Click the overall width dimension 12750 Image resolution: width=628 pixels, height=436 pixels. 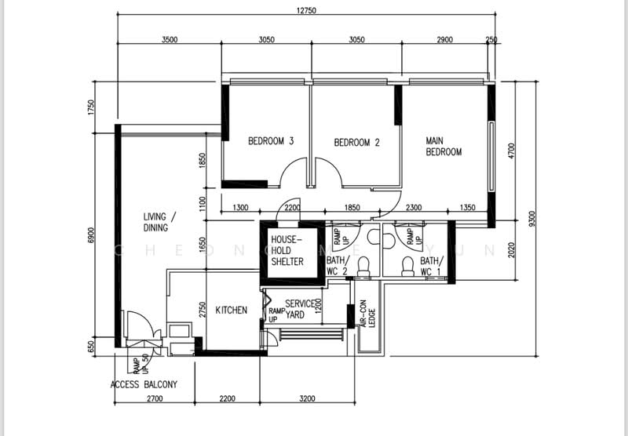click(306, 10)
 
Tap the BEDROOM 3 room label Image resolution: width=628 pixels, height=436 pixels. click(271, 142)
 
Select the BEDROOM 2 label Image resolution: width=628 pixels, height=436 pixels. click(356, 143)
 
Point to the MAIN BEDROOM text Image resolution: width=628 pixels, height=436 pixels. click(444, 147)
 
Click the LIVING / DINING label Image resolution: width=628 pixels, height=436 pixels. click(160, 222)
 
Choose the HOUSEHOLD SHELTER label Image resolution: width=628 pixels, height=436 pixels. click(287, 250)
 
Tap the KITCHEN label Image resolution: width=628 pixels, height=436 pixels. click(232, 311)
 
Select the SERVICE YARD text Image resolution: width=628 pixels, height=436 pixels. click(299, 309)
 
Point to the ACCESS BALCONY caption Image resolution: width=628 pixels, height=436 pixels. click(144, 385)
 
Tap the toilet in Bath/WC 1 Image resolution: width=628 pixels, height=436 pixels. click(407, 267)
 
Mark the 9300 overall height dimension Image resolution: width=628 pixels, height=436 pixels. click(535, 223)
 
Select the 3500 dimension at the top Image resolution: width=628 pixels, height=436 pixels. click(170, 39)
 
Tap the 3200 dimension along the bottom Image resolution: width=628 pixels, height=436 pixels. click(307, 399)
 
